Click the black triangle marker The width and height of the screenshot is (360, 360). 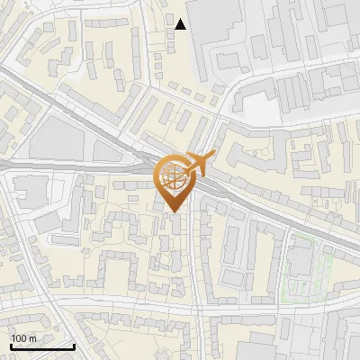pyautogui.click(x=181, y=24)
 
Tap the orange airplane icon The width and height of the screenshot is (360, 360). pyautogui.click(x=201, y=163)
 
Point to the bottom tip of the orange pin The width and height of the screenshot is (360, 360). pyautogui.click(x=173, y=212)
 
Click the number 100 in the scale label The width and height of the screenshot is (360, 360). pyautogui.click(x=19, y=337)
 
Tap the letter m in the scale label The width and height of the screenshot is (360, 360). pyautogui.click(x=32, y=337)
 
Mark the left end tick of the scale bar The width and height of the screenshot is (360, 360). pyautogui.click(x=12, y=346)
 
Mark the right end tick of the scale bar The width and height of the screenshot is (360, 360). pyautogui.click(x=74, y=346)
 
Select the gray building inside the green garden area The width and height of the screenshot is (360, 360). pyautogui.click(x=298, y=262)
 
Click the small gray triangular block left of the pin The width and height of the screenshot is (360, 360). pyautogui.click(x=144, y=166)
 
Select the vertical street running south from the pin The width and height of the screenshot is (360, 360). pyautogui.click(x=196, y=270)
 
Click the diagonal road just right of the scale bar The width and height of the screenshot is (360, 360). pyautogui.click(x=85, y=337)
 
